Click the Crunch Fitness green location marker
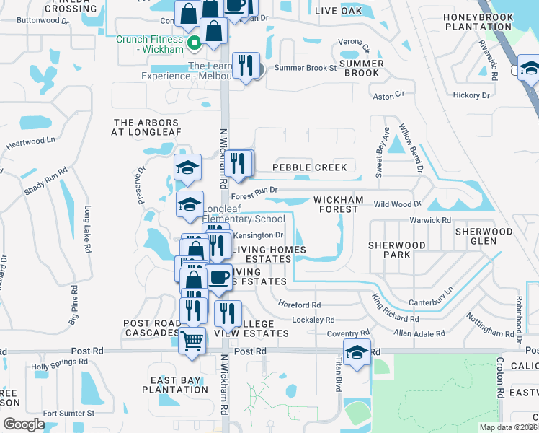coord(194,44)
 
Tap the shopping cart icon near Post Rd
coord(192,340)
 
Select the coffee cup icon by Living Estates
coord(219,276)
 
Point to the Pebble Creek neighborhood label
coord(309,167)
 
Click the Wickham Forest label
coord(335,204)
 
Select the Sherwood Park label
coord(397,250)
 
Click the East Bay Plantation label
coord(179,385)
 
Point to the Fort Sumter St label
coord(69,414)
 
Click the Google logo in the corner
coord(24,424)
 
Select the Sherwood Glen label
coord(484,237)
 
